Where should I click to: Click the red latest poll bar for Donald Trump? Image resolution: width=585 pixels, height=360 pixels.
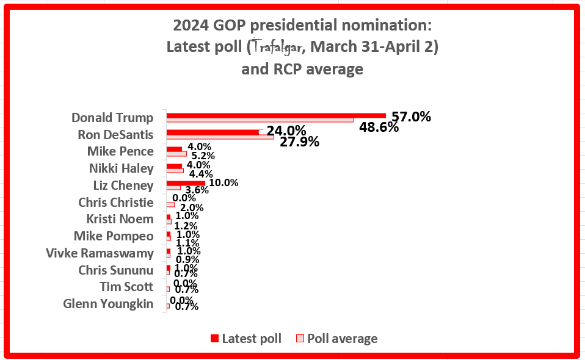coord(276,115)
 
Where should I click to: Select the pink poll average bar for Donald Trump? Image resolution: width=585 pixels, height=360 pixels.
coord(260,120)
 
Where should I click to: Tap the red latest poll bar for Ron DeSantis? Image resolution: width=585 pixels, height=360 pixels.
coord(213,132)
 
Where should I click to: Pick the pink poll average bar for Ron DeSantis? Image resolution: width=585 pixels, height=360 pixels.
coord(220,137)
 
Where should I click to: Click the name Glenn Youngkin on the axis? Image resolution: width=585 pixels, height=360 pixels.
coord(108,303)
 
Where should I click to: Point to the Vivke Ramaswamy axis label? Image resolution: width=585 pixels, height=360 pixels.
coord(100,253)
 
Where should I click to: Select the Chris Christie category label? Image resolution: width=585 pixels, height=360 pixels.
coord(115,202)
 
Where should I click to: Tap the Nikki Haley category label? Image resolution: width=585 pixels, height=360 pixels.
coord(120,168)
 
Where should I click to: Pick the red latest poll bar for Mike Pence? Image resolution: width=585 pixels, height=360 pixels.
coord(174,149)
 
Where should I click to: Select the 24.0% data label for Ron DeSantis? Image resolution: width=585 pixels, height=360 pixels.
coord(286,131)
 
